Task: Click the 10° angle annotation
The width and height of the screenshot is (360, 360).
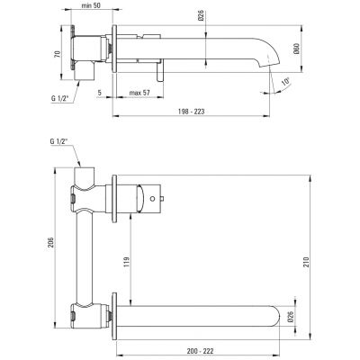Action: (286, 83)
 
